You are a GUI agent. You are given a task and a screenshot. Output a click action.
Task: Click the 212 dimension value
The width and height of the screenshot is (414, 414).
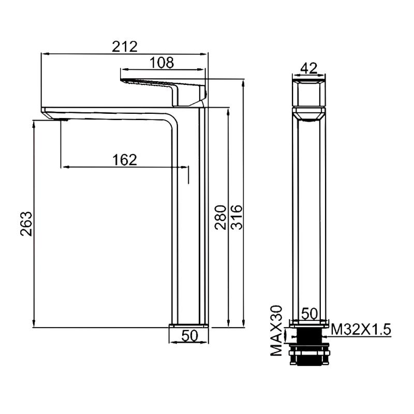125,47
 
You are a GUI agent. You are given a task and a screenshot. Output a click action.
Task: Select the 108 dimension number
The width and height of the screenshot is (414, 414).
162,63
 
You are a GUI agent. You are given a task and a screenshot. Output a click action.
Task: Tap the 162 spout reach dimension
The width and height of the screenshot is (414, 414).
125,160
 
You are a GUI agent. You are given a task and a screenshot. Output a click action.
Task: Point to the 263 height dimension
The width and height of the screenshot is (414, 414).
26,224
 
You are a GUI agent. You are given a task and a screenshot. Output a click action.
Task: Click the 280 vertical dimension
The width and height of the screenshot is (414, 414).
220,217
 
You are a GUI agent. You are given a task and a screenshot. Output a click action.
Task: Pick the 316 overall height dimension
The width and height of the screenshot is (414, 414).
236,217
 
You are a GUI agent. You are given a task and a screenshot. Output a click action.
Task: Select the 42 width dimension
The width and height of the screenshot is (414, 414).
309,68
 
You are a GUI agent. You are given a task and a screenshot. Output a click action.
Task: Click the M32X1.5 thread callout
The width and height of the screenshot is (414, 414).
361,330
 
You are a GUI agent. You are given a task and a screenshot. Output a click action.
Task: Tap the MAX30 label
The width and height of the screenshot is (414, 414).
276,330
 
